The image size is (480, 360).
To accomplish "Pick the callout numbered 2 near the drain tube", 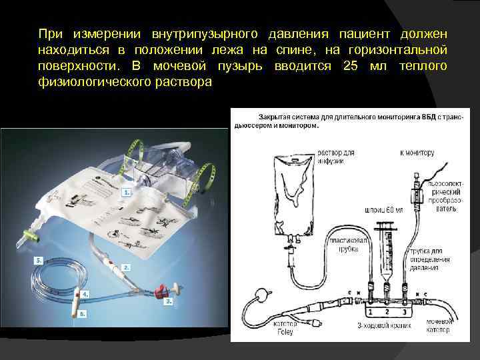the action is pyautogui.click(x=126, y=267).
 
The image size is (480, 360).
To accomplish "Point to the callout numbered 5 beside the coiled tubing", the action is pyautogui.click(x=40, y=259).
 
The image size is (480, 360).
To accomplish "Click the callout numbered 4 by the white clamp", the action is pyautogui.click(x=85, y=293).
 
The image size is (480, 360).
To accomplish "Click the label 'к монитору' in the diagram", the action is pyautogui.click(x=417, y=153).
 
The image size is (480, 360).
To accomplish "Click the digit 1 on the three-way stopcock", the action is pyautogui.click(x=369, y=311).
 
